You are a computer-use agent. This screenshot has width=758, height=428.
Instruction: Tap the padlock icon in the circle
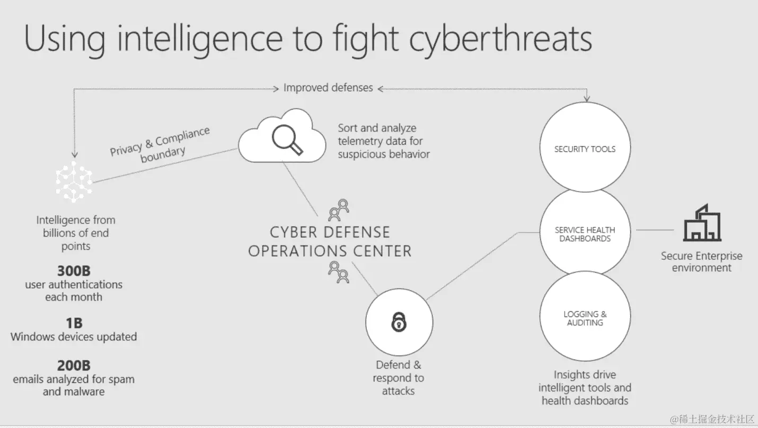click(399, 322)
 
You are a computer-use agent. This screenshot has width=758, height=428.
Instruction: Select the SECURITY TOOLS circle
click(585, 149)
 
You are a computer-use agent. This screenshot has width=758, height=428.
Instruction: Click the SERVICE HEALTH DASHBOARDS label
click(585, 234)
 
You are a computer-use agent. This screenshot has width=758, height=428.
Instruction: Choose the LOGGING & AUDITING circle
click(585, 318)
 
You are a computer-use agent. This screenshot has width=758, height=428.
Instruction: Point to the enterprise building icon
click(702, 223)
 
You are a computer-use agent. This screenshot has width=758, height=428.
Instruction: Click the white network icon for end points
click(74, 181)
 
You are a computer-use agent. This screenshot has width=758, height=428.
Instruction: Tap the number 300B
click(74, 271)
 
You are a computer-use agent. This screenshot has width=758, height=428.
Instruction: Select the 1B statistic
click(74, 323)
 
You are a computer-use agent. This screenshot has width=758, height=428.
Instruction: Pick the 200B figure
click(74, 365)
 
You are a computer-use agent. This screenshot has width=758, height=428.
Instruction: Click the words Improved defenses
click(328, 88)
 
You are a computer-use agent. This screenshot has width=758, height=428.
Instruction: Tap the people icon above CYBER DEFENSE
click(339, 209)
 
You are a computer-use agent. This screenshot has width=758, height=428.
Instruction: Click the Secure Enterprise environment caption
click(701, 261)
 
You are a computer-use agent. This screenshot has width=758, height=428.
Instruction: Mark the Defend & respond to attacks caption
click(398, 378)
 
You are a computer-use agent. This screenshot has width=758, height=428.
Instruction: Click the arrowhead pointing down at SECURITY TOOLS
click(586, 98)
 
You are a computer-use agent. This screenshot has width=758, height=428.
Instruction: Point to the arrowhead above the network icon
click(75, 154)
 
